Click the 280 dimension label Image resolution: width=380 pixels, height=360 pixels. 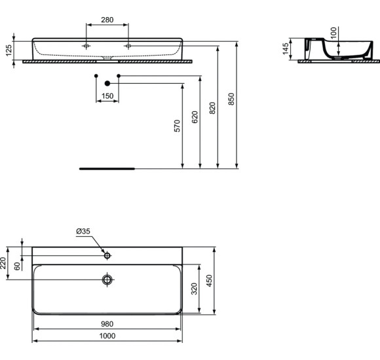107,20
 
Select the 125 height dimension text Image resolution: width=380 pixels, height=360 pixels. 9,50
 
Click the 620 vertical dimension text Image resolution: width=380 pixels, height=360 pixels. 195,117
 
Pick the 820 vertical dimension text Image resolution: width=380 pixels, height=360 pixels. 212,108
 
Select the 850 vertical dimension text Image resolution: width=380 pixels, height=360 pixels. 231,98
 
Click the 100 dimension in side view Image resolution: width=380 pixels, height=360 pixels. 333,32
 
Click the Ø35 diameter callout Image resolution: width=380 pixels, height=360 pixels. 83,231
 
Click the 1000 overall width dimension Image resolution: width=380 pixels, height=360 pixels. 107,336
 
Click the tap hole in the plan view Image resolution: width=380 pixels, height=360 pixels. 107,255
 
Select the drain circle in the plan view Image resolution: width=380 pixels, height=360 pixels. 107,280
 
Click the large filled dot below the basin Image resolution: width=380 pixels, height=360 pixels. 107,84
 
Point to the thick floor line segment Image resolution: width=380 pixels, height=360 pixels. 107,168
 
